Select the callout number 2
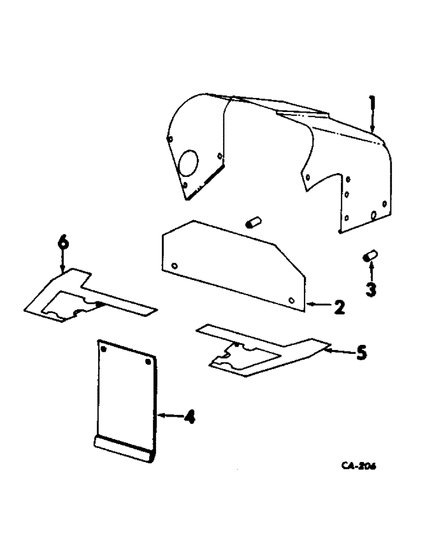[x=339, y=307]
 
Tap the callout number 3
[x=371, y=289]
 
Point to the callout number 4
[x=190, y=416]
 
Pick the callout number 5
[x=362, y=353]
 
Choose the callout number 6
[x=63, y=242]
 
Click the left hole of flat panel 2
[x=174, y=265]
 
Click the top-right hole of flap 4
[x=149, y=362]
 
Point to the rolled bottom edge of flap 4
[x=123, y=449]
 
